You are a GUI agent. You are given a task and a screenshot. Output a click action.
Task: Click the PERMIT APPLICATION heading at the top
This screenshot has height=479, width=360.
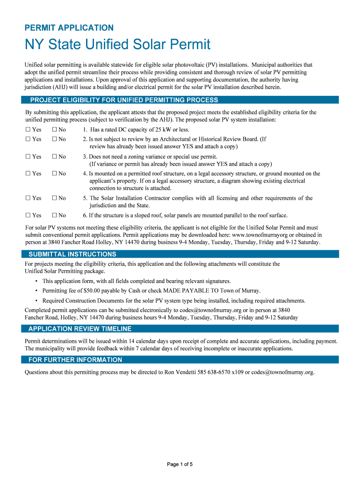[x=69, y=28]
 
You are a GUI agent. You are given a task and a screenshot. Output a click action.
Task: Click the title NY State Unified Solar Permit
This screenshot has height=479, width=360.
[x=117, y=45]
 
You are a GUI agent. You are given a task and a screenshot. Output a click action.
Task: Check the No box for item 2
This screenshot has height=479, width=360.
[x=54, y=139]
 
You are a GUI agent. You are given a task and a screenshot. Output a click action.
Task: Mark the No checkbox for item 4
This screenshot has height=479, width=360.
[x=54, y=174]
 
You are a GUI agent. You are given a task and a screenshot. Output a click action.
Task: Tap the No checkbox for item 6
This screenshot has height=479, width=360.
[x=54, y=216]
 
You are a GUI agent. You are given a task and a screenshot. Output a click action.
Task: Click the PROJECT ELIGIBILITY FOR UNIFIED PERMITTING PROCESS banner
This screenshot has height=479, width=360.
[x=124, y=100]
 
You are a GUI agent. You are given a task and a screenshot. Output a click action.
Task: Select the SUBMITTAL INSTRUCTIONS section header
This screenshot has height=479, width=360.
[x=72, y=254]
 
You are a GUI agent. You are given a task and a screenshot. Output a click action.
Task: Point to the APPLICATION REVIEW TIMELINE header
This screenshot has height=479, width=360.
[x=80, y=329]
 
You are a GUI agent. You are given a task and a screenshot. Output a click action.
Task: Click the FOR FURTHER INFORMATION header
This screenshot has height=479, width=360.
[x=75, y=360]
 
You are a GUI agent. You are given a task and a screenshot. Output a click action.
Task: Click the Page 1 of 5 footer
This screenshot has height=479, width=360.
[x=180, y=464]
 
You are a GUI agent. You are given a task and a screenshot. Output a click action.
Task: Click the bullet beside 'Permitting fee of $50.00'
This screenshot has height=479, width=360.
[x=36, y=291]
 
